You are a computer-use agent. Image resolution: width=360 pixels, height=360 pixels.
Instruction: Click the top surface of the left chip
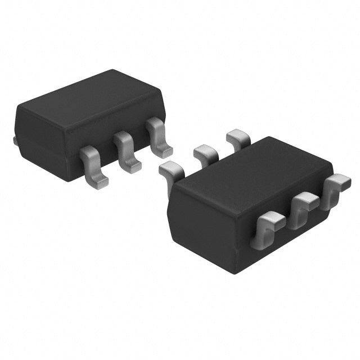click(90, 104)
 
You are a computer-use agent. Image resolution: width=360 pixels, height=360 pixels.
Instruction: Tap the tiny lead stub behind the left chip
click(16, 139)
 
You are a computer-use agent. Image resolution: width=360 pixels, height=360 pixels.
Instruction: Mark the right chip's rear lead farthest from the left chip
click(237, 137)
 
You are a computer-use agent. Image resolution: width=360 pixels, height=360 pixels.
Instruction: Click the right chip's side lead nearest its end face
click(269, 223)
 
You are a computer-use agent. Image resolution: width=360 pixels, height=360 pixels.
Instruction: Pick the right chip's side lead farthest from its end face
click(336, 186)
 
